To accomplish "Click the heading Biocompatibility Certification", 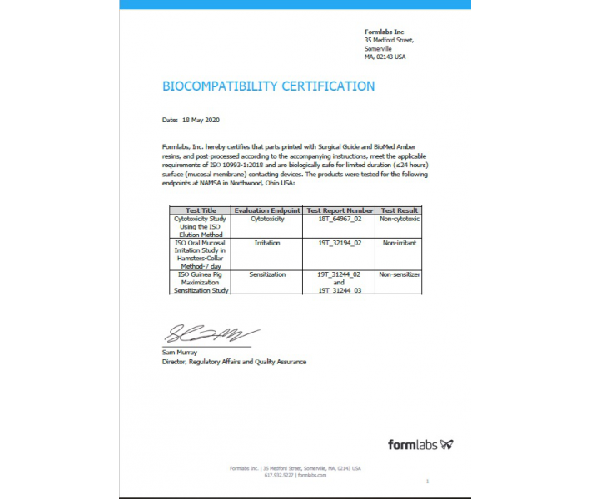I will point(268,86).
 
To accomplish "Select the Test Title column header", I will point(201,210).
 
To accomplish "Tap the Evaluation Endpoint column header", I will point(267,210).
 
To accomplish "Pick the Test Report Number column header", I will point(340,210).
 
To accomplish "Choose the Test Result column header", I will point(400,210).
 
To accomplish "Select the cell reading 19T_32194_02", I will point(340,243).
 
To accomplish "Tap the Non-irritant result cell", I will point(400,243).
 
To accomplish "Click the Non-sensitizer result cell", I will point(400,274).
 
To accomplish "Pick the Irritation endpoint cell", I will point(267,243).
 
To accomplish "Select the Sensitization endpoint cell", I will point(267,274).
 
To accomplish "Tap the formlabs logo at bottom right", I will point(420,444).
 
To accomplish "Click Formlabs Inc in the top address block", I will point(384,32).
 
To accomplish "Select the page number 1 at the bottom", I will point(427,482).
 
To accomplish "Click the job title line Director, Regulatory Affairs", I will point(234,362).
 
